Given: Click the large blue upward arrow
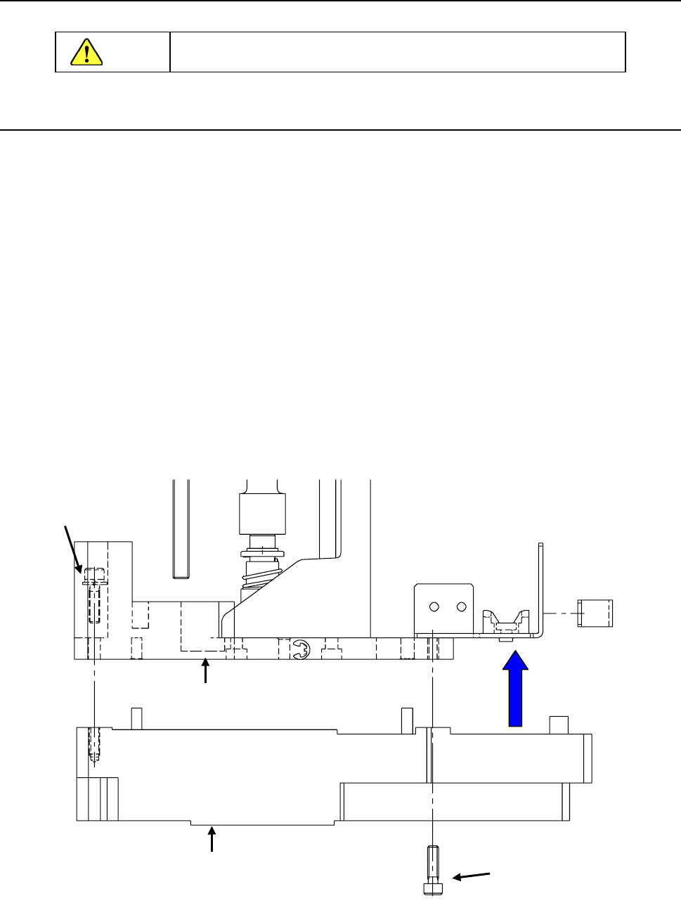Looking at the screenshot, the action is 516,689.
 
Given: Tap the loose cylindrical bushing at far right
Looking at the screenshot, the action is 595,613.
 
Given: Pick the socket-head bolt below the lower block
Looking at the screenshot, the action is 433,871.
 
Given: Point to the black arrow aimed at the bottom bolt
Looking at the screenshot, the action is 470,876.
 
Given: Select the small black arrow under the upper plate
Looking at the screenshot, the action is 205,671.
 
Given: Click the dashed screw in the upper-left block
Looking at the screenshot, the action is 94,594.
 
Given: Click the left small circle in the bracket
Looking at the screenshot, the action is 435,606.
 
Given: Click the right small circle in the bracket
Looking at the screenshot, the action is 461,606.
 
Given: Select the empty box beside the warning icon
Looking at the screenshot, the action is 398,52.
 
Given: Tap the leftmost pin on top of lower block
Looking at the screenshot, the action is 137,719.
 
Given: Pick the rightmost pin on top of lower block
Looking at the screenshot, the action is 559,725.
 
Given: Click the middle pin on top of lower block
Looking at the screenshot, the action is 407,718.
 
